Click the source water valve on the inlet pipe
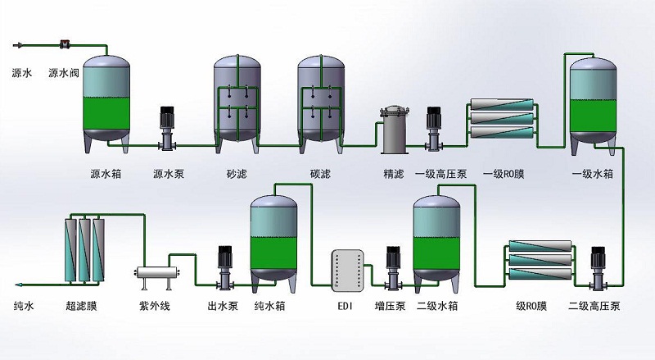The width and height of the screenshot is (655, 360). pos(65,43)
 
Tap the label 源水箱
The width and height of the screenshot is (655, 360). pos(106,174)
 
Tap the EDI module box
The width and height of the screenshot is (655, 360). pos(345,268)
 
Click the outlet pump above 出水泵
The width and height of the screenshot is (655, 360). pos(223,267)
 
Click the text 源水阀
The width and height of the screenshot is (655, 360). pos(64,74)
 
